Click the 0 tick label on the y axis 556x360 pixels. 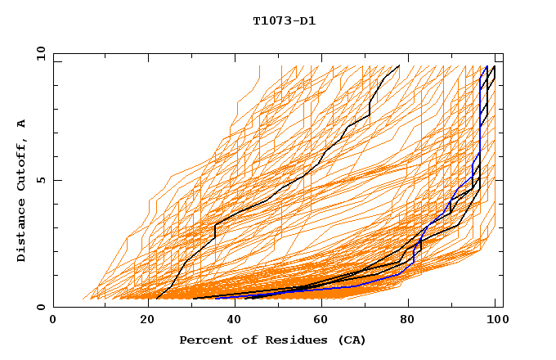click(x=41, y=308)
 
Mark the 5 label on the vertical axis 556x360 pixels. click(x=41, y=180)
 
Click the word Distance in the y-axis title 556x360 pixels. click(x=21, y=233)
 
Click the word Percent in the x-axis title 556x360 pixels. click(x=204, y=340)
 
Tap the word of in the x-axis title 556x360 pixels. click(x=245, y=340)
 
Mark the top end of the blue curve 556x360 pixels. click(x=487, y=67)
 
